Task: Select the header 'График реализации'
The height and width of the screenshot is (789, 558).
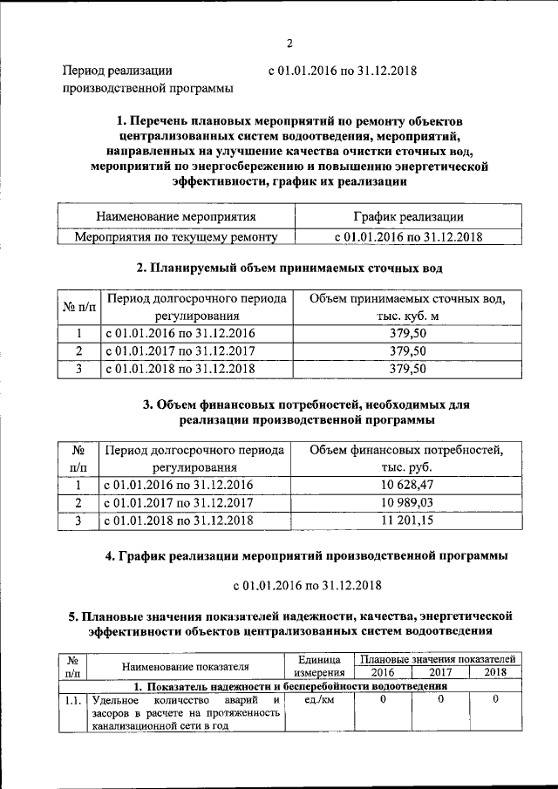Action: (408, 216)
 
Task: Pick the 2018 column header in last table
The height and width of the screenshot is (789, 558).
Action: (495, 672)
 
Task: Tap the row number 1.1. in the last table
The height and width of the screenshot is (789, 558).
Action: (73, 699)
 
